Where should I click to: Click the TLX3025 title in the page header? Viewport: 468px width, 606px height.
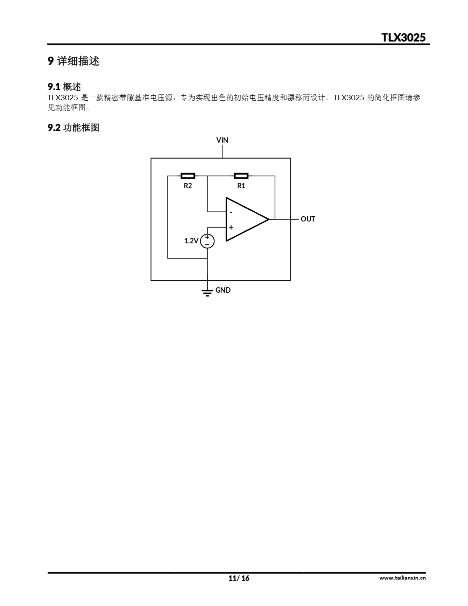pyautogui.click(x=403, y=37)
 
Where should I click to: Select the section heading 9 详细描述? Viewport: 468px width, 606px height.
pyautogui.click(x=73, y=61)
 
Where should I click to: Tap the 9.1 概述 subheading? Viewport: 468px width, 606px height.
pyautogui.click(x=64, y=87)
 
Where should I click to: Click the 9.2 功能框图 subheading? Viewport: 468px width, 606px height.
pyautogui.click(x=73, y=128)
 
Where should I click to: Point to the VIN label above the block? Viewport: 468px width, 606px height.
pyautogui.click(x=222, y=140)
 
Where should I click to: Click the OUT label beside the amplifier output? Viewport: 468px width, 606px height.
pyautogui.click(x=308, y=219)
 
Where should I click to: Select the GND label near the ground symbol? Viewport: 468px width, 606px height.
pyautogui.click(x=223, y=290)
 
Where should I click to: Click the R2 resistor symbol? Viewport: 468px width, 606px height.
pyautogui.click(x=188, y=176)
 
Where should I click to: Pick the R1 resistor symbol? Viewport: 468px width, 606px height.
pyautogui.click(x=241, y=176)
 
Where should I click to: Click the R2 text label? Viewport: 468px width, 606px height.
pyautogui.click(x=188, y=186)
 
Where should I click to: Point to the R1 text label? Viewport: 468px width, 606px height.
pyautogui.click(x=241, y=186)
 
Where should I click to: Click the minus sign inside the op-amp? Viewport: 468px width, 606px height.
pyautogui.click(x=231, y=213)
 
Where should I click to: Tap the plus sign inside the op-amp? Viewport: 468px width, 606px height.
pyautogui.click(x=231, y=227)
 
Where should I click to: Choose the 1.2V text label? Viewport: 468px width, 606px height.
pyautogui.click(x=191, y=241)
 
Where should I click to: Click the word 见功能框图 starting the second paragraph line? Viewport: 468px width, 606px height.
pyautogui.click(x=66, y=108)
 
